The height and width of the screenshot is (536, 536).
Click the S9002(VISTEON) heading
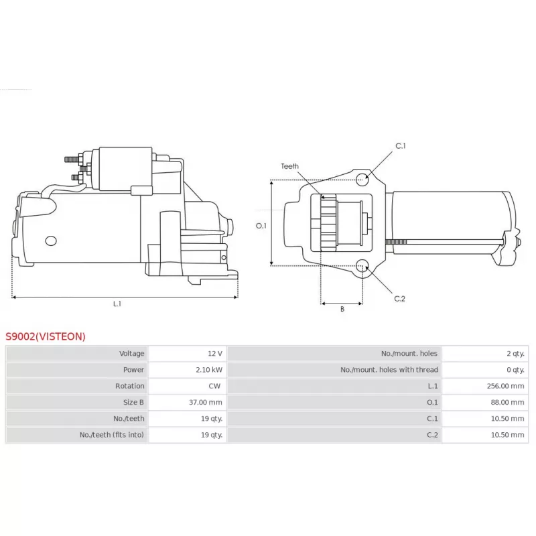click(x=46, y=336)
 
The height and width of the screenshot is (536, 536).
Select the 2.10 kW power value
click(x=209, y=370)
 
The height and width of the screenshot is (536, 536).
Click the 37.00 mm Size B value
click(x=206, y=403)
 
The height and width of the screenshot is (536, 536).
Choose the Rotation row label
click(x=129, y=386)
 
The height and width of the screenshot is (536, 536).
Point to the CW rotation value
click(x=214, y=386)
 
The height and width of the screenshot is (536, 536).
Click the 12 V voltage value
click(x=215, y=354)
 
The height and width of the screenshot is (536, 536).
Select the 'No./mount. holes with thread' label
click(x=389, y=370)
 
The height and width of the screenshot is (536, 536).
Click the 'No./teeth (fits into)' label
click(x=112, y=435)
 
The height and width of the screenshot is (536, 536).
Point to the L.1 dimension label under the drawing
click(x=117, y=304)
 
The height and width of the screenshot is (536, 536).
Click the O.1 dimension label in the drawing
click(x=261, y=226)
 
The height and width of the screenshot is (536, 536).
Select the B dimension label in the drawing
click(x=342, y=309)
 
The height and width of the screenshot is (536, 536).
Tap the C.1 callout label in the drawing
click(x=400, y=146)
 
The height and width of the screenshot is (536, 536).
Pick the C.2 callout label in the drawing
click(x=399, y=299)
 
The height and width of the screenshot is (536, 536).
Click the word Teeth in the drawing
click(x=290, y=166)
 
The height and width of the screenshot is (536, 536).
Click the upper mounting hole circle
click(x=362, y=179)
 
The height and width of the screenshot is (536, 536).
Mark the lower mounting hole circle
click(x=362, y=266)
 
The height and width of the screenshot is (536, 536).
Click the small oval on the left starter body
click(x=51, y=241)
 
